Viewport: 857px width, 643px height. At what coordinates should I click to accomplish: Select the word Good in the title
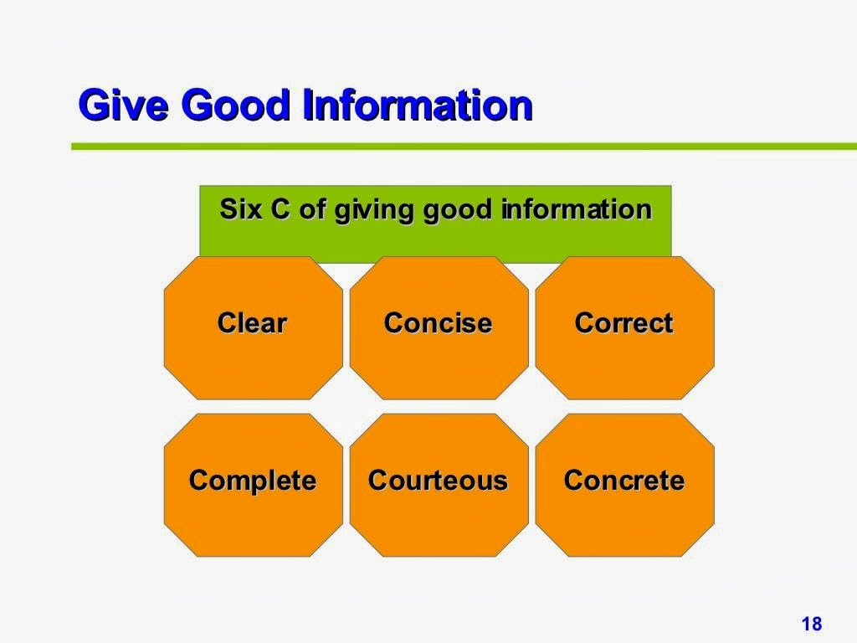235,105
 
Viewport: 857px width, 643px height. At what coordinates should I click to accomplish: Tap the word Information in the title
418,105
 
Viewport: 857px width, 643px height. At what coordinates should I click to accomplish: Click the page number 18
812,624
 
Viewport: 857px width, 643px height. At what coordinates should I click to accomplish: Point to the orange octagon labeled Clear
254,328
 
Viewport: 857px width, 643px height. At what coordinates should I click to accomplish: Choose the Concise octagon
439,328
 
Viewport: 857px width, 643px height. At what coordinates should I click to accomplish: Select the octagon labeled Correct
624,328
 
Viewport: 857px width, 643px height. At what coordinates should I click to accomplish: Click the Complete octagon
254,485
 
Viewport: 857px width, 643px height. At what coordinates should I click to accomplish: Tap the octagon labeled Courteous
439,485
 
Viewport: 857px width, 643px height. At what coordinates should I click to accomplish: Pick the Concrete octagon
624,485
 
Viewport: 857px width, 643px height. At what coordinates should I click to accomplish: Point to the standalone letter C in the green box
280,208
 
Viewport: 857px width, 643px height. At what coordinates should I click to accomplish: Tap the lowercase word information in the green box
577,208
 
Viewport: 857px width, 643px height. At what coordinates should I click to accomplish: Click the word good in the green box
458,211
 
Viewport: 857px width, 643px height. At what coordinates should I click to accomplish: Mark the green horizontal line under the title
464,147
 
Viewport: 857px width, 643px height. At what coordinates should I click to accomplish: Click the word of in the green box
313,208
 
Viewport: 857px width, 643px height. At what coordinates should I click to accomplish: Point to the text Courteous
438,480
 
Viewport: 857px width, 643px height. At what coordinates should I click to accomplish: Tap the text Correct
624,322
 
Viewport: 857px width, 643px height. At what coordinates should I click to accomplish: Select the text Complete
253,481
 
